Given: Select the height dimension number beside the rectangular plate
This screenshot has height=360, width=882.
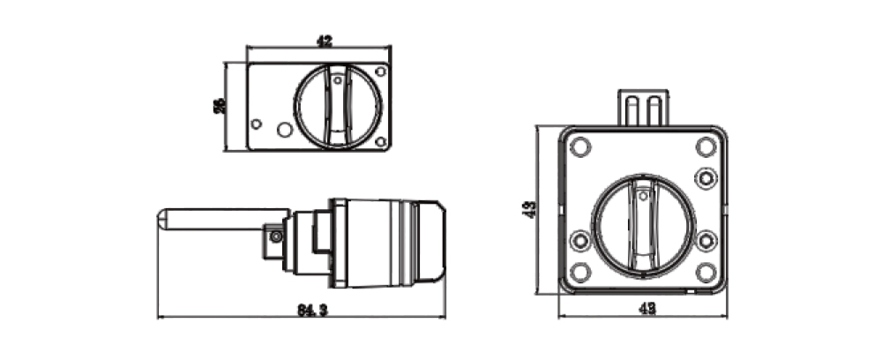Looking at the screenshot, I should (219, 105).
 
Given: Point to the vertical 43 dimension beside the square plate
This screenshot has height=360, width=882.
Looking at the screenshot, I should (528, 209).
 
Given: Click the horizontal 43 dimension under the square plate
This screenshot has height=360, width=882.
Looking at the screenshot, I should (647, 309).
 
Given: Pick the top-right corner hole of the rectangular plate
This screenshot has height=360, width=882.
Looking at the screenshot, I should (380, 71).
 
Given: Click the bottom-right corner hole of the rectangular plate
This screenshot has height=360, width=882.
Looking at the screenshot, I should (380, 141).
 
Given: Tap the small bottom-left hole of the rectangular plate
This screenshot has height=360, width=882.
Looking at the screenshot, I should (257, 124).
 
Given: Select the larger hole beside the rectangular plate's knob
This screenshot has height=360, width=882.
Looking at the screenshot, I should (284, 130).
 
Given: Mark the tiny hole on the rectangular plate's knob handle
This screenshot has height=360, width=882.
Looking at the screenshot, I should (338, 81).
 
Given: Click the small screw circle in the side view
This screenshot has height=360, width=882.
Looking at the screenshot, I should (277, 236).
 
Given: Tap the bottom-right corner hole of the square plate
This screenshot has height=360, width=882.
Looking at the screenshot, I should (705, 271).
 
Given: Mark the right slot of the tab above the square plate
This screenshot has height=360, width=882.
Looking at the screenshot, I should (653, 110).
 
